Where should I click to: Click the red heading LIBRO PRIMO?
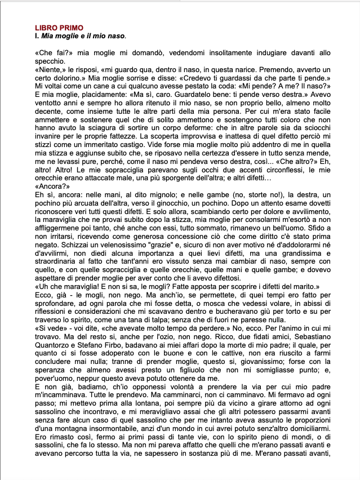click(59, 28)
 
